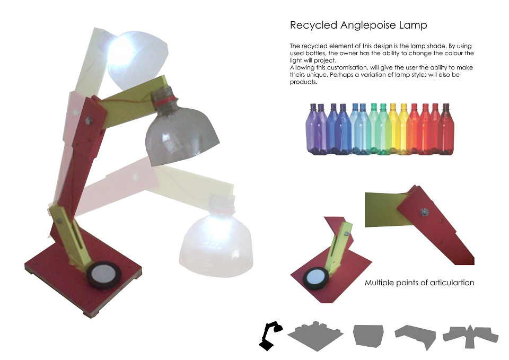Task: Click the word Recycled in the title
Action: [313, 25]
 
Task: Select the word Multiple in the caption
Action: [379, 283]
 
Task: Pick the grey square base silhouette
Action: [315, 336]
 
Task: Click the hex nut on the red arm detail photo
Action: [424, 212]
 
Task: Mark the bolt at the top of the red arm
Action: [89, 121]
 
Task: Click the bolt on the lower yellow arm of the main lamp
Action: [59, 221]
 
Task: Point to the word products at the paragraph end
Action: [303, 82]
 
